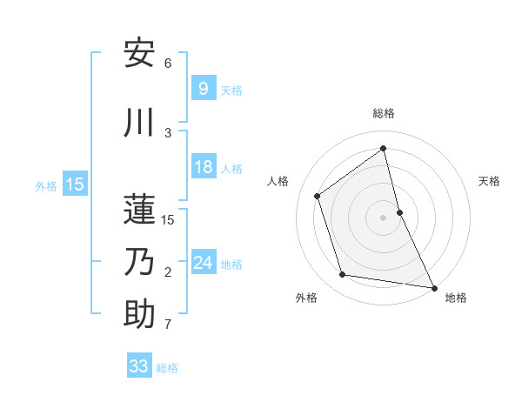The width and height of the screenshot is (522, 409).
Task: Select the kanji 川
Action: click(x=139, y=123)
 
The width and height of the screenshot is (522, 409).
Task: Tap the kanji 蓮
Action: click(x=139, y=208)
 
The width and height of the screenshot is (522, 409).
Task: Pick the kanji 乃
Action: click(x=139, y=261)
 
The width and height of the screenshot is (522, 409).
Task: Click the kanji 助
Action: click(x=139, y=314)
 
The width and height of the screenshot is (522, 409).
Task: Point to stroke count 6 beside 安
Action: click(x=167, y=64)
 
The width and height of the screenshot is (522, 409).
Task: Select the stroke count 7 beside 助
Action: click(x=167, y=325)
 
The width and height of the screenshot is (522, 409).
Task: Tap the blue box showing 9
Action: click(x=203, y=89)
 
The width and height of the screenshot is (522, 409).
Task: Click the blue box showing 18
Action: click(x=203, y=168)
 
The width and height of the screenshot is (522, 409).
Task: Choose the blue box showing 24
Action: click(x=203, y=263)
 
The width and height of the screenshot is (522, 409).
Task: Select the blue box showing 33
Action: click(x=138, y=366)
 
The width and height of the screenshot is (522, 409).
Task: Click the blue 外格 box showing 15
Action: click(x=74, y=184)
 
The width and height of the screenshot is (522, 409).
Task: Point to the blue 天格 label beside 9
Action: click(x=231, y=91)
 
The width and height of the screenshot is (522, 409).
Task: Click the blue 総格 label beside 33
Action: click(x=167, y=368)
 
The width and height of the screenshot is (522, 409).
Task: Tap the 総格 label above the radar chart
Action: click(x=383, y=113)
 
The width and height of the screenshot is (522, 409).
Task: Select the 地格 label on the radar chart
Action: click(x=456, y=298)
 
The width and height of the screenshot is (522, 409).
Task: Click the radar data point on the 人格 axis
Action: click(x=318, y=196)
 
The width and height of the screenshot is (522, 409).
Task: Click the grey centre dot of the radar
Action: click(x=383, y=218)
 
